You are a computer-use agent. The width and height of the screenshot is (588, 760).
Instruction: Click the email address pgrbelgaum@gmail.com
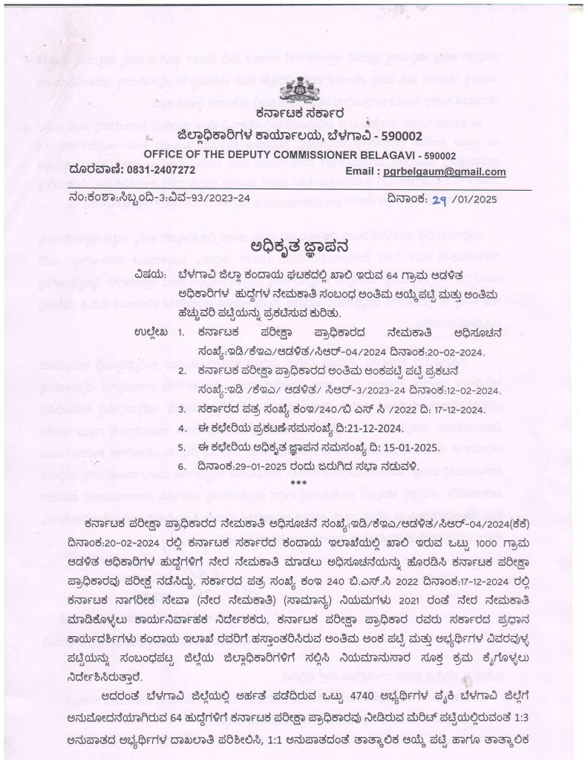coord(445,171)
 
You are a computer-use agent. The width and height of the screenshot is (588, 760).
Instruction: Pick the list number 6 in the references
coord(181,467)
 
